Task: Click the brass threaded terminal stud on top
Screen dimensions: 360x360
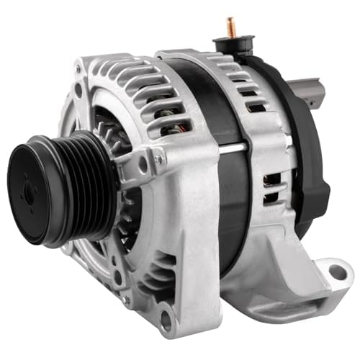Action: tap(232, 27)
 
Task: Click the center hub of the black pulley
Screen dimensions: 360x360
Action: tap(31, 189)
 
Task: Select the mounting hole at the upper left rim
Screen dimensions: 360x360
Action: tap(78, 90)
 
